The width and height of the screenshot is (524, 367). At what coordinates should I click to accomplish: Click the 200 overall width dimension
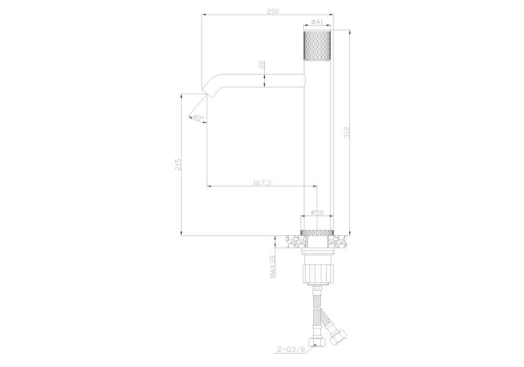[273, 12]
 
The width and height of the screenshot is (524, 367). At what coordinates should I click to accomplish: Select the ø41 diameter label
[317, 22]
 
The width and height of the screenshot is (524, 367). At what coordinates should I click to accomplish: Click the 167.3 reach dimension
[261, 182]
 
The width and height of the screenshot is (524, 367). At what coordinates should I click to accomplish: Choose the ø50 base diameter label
[317, 213]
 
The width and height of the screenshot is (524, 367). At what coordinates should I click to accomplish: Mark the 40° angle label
[198, 118]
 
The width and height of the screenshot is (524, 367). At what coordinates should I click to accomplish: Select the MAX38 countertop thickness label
[272, 266]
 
